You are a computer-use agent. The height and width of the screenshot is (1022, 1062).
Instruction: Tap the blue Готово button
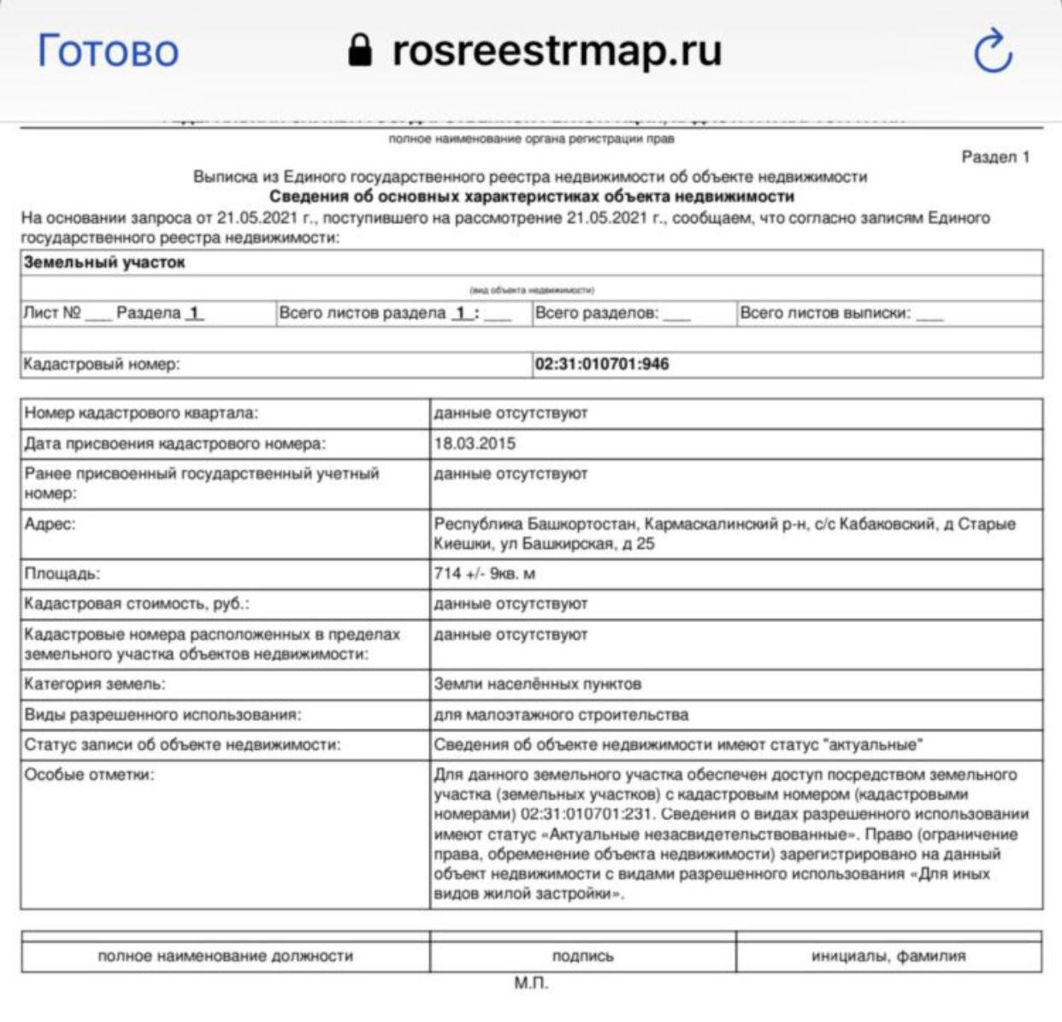tap(108, 50)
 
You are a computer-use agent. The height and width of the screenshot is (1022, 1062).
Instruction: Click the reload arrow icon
tap(993, 50)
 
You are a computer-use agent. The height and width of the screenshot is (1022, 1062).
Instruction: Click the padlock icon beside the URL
tap(361, 50)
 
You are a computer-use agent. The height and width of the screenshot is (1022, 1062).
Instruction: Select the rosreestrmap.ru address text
tap(557, 50)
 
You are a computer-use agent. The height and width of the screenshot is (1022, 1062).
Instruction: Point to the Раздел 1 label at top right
tap(995, 157)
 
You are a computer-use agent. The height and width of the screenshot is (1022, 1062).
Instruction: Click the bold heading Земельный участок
tap(104, 263)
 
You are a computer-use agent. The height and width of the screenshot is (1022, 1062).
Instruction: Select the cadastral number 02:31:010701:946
tap(602, 364)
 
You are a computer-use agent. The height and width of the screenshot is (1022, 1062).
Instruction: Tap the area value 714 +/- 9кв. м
tap(484, 573)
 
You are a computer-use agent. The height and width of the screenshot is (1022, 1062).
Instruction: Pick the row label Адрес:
tap(50, 524)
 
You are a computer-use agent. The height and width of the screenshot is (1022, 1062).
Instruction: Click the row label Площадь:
tap(62, 573)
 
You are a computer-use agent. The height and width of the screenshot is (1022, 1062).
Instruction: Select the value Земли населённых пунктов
tap(537, 684)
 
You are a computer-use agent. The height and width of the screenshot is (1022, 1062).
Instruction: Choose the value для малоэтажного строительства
tap(560, 714)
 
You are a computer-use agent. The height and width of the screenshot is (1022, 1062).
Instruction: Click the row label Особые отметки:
tap(90, 775)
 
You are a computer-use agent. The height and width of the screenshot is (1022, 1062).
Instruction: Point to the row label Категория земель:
tap(95, 684)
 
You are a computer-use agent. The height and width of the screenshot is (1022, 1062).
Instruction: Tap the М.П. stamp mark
tap(531, 984)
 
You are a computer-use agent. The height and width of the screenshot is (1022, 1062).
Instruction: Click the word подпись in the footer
tap(582, 956)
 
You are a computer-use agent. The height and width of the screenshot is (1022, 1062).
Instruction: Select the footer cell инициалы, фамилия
tap(888, 956)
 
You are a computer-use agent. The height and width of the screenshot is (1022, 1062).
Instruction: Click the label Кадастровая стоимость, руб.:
tap(137, 604)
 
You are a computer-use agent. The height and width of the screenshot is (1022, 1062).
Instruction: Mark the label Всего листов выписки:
tap(824, 313)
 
